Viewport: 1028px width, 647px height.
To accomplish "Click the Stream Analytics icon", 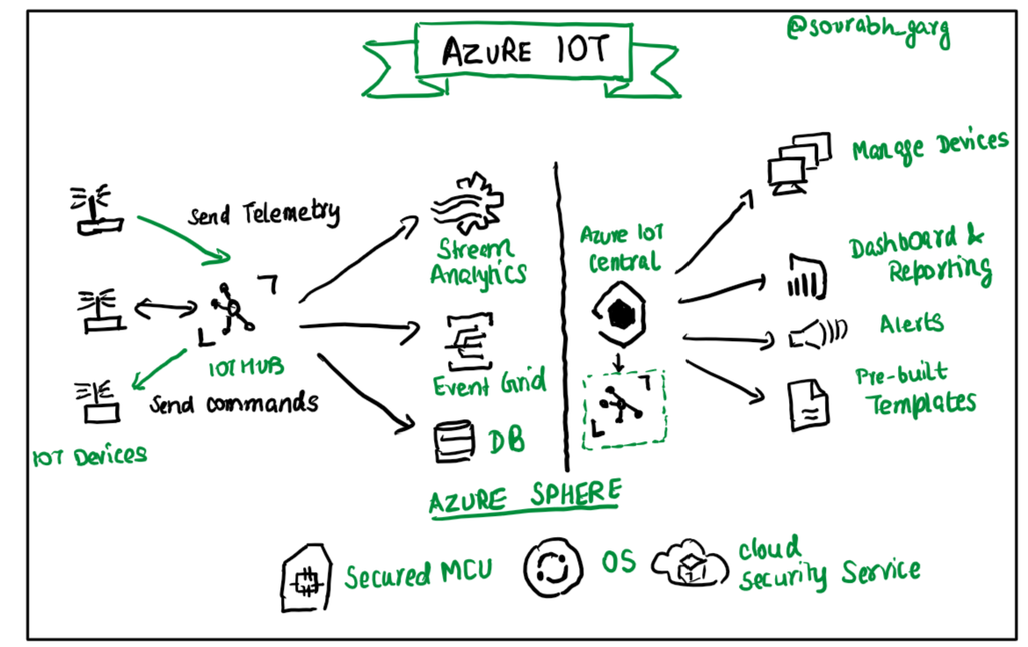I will [x=466, y=205].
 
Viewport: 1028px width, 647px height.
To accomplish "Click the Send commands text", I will [x=233, y=404].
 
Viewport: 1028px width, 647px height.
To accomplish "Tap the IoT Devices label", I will [x=89, y=455].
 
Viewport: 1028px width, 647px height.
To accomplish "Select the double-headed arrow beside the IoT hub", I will [x=166, y=308].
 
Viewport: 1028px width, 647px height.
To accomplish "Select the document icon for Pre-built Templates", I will [x=805, y=404].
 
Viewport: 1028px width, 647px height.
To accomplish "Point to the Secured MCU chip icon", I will [x=306, y=578].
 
